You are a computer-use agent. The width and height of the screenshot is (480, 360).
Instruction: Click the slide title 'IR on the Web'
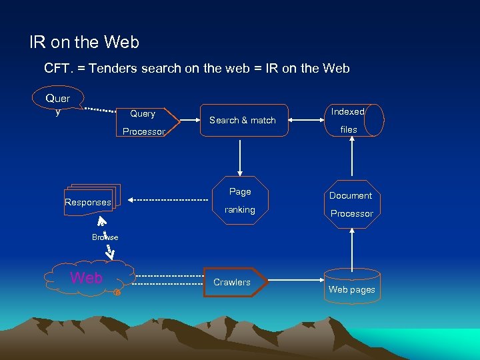[85, 43]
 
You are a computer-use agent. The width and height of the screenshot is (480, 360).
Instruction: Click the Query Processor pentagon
[143, 122]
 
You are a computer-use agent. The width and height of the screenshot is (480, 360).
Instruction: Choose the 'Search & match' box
[243, 120]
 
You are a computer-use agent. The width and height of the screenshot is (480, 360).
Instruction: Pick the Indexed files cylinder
[353, 121]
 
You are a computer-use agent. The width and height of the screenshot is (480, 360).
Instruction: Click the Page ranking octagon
[240, 200]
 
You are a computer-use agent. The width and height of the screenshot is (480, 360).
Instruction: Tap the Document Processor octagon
[351, 204]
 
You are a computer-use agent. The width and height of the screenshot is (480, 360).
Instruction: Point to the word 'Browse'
[105, 237]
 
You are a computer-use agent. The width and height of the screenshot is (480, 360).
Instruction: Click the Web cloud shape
[87, 278]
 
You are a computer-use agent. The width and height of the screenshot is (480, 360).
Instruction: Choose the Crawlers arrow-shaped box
[234, 282]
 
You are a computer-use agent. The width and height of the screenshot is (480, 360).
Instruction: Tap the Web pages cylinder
[351, 286]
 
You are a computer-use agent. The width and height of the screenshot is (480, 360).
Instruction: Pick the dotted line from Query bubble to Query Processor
[100, 109]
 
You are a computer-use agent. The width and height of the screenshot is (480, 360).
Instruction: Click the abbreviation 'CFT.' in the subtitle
[58, 68]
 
